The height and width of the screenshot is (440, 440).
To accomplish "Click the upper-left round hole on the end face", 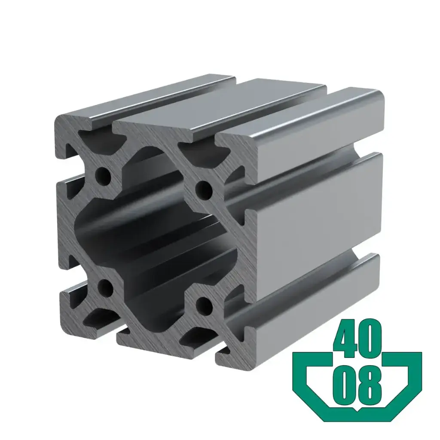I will (x=103, y=174).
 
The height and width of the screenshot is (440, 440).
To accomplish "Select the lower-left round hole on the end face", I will (x=104, y=287).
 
